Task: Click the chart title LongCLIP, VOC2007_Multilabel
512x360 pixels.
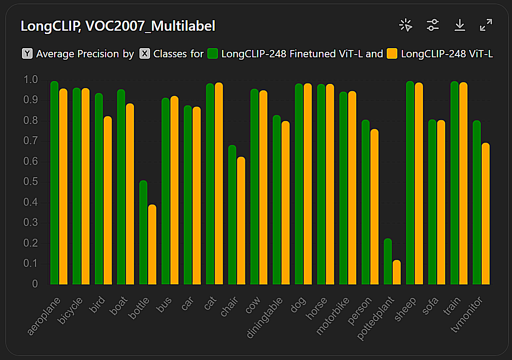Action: click(118, 26)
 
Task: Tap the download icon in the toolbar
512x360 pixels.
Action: click(460, 25)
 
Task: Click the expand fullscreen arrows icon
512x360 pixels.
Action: click(486, 25)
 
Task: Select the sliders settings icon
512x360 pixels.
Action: click(433, 25)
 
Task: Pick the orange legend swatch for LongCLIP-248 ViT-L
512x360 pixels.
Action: click(392, 54)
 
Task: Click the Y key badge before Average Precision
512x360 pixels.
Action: click(27, 54)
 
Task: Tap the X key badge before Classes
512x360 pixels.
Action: click(145, 54)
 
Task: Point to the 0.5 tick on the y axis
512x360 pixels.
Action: click(32, 182)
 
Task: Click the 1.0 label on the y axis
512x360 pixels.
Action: click(32, 80)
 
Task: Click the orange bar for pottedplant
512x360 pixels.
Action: click(397, 272)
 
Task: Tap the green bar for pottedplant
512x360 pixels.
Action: click(388, 261)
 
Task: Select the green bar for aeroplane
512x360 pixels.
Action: click(55, 183)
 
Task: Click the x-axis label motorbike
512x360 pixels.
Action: click(334, 316)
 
